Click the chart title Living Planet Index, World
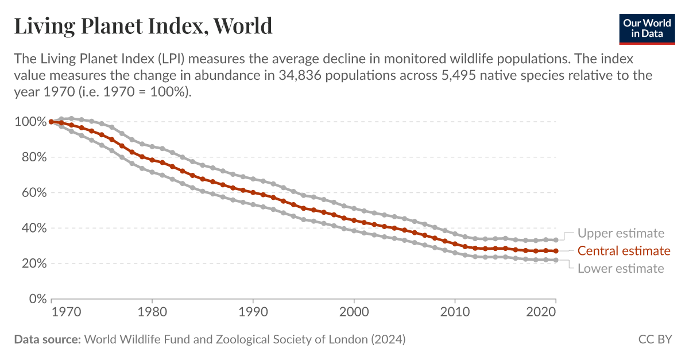pos(143,26)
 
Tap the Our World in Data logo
pos(647,28)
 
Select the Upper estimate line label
pos(621,233)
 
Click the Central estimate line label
pos(624,251)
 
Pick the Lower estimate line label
pos(621,268)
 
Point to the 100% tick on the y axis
pos(30,122)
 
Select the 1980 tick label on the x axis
pos(152,314)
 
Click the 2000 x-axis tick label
pos(354,314)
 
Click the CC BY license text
pos(655,339)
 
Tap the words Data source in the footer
pos(47,339)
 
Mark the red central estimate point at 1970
pos(52,122)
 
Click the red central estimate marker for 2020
pos(555,251)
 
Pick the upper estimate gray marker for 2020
pos(555,240)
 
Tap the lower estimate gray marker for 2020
pos(555,260)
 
